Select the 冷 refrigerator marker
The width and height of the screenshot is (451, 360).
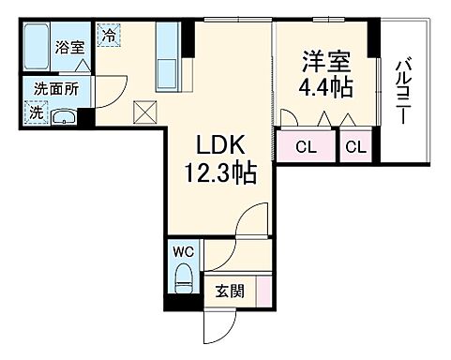pyautogui.click(x=110, y=37)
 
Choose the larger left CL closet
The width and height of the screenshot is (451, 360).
pyautogui.click(x=306, y=147)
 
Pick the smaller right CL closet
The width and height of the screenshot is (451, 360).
pyautogui.click(x=355, y=147)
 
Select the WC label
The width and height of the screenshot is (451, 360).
pyautogui.click(x=183, y=252)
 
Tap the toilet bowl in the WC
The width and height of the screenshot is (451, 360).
pyautogui.click(x=184, y=279)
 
